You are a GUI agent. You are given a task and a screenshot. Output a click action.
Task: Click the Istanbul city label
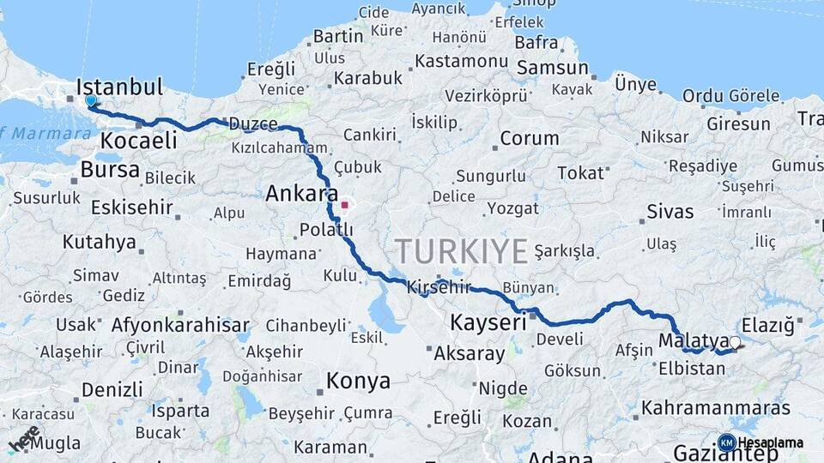(119, 87)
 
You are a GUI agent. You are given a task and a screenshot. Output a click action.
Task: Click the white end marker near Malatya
(734, 343)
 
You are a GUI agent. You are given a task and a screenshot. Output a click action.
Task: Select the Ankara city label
(301, 194)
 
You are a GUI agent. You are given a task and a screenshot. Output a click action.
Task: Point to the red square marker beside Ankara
(345, 205)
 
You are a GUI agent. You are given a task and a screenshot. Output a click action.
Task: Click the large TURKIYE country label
(461, 251)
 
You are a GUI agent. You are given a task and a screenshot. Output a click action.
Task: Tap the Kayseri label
(488, 323)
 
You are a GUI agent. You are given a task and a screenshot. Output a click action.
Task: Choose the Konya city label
(358, 381)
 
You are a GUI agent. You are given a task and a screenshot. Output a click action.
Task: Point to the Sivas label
(669, 212)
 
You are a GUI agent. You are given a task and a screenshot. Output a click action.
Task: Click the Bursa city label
(110, 170)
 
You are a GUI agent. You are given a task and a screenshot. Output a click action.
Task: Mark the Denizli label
(112, 390)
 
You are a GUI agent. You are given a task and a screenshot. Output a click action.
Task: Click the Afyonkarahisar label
(180, 326)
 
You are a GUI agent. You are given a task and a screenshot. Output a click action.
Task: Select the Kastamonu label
(461, 62)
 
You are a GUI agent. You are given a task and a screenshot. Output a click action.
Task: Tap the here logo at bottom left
(23, 438)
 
